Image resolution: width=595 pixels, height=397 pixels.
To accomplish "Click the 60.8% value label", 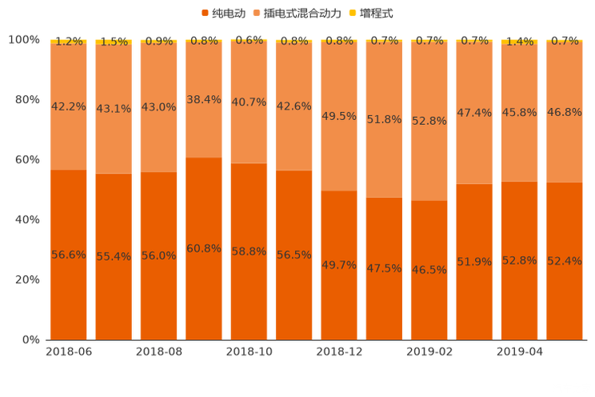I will click(x=204, y=248).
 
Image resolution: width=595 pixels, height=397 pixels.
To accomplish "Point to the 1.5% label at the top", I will click(x=114, y=42).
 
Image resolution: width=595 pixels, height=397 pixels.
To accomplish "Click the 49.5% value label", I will click(x=339, y=116).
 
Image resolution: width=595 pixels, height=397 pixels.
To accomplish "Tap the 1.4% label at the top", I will click(x=520, y=42).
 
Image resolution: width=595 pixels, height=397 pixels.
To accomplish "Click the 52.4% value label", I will click(x=565, y=261).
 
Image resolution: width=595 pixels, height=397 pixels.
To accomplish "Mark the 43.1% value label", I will click(x=114, y=109).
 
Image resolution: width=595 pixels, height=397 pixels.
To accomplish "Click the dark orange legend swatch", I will click(x=204, y=14).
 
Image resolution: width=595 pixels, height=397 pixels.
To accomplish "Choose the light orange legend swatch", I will click(x=257, y=14).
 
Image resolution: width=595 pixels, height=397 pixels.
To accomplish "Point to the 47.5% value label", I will click(x=384, y=268).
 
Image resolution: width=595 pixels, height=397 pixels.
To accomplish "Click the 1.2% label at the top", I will click(x=69, y=42).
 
